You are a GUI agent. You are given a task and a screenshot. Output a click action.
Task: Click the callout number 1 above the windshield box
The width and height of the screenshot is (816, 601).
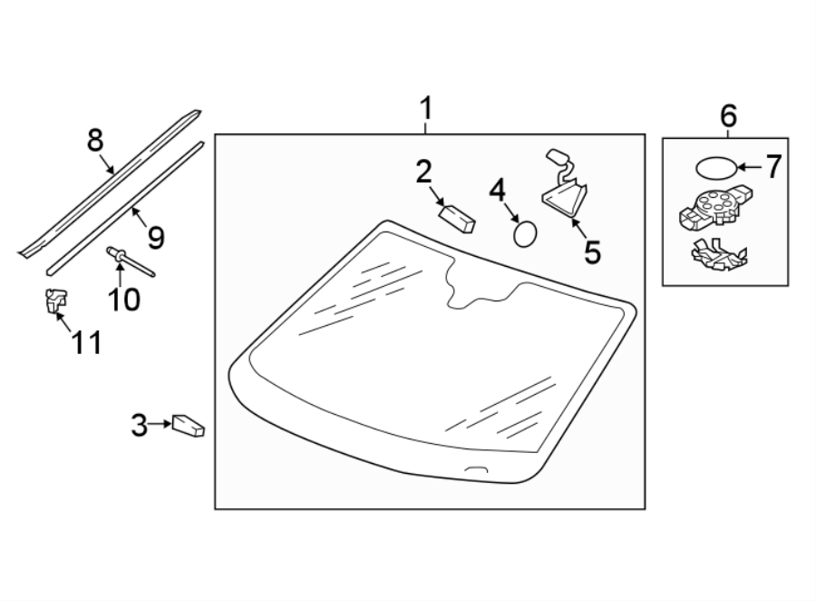426,111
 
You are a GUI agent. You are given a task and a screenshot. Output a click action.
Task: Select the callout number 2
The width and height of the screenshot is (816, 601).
423,172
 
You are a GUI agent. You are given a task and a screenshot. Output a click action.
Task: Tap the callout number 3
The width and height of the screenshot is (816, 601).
139,424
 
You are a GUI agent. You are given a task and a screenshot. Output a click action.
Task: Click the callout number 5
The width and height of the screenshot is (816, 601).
592,251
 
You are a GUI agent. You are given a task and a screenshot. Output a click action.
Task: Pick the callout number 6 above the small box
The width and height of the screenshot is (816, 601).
728,115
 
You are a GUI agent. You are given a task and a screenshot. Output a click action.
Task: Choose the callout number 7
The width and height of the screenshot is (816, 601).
772,166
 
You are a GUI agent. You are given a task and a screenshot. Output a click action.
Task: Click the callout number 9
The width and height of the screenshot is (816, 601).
155,238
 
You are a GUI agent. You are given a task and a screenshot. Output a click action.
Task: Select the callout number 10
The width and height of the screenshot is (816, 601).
124,299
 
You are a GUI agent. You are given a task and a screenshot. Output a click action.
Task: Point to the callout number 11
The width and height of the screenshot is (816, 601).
87,342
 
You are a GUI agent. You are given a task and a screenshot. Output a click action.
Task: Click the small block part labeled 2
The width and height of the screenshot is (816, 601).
456,218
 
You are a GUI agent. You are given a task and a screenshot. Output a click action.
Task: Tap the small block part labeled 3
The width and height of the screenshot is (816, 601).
189,425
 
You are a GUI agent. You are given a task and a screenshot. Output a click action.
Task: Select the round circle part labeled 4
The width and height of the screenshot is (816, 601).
524,233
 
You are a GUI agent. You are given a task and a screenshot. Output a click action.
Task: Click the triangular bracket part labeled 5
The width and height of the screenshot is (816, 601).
565,196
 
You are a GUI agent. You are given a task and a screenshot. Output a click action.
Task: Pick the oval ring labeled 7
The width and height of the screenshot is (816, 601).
716,168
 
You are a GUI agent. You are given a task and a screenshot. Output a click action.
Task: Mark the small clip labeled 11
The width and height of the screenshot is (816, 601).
56,299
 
